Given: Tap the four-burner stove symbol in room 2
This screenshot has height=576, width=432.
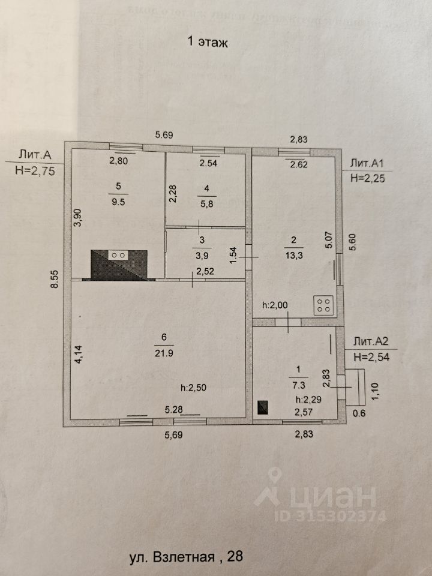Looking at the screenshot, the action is (323, 305).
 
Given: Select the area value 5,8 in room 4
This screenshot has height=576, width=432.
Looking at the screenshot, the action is (206, 203).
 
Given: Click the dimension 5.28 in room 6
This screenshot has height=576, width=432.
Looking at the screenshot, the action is (174, 410).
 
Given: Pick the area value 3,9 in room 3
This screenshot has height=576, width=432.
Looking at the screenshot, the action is (202, 253).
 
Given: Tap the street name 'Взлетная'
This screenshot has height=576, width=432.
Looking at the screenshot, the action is (187, 557).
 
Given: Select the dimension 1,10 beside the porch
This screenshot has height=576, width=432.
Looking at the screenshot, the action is (377, 390).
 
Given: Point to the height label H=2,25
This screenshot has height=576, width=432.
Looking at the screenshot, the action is (367, 178).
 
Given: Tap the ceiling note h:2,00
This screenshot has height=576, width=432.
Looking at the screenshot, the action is (275, 305).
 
